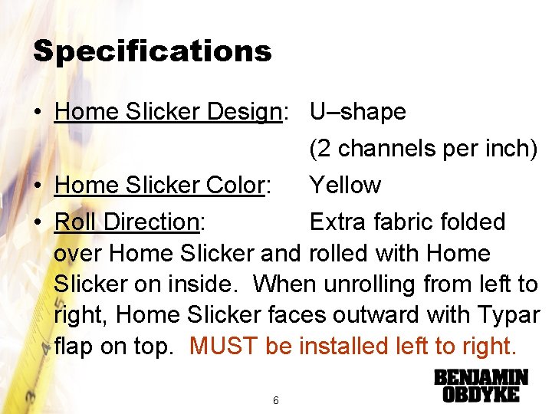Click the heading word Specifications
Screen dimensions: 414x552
click(x=152, y=51)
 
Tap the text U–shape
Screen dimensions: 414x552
click(x=357, y=112)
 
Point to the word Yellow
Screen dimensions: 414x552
click(x=345, y=185)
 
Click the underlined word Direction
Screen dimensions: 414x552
click(x=151, y=222)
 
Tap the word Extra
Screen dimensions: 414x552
click(x=338, y=222)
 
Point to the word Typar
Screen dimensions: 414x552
click(x=511, y=315)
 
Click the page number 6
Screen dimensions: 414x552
click(x=275, y=400)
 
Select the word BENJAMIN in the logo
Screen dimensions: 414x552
click(x=481, y=378)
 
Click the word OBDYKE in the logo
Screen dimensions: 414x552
click(x=481, y=395)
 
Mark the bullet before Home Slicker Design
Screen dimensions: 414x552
click(x=38, y=113)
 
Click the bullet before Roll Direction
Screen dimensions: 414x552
click(x=38, y=222)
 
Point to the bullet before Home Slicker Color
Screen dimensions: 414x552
click(x=38, y=186)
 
